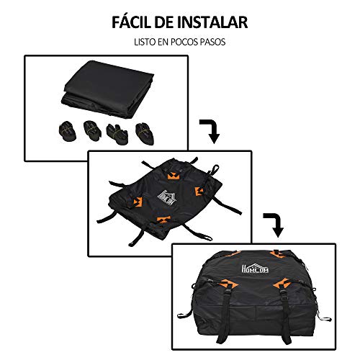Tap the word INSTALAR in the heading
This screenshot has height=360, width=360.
pos(212,22)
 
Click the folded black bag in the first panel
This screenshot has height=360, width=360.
pos(109,89)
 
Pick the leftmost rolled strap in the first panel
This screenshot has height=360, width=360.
pos(68,131)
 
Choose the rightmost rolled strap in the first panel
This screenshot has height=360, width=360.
pos(145,133)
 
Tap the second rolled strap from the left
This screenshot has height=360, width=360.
pos(92,131)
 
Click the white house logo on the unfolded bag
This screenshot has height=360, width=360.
pos(167,197)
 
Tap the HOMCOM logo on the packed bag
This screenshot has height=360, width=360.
pos(255,267)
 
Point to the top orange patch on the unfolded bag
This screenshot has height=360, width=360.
pos(174,176)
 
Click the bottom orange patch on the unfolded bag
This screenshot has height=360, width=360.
pos(164,220)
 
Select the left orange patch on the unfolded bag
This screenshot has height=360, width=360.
pos(137,202)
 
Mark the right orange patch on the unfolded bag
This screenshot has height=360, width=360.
pos(199,192)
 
